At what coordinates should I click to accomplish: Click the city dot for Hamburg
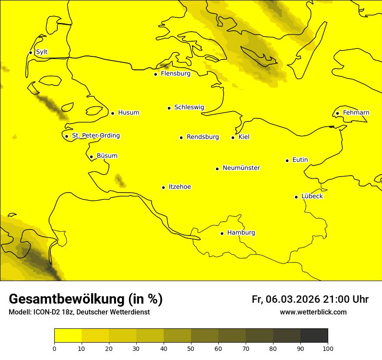click(x=222, y=233)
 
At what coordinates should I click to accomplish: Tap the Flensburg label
click(x=175, y=74)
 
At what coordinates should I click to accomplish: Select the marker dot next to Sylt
click(x=30, y=52)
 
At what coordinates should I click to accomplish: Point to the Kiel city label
click(x=244, y=137)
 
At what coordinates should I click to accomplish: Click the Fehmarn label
click(x=356, y=113)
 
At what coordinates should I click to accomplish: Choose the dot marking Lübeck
click(x=296, y=197)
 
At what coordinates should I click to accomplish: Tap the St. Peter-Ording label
click(x=95, y=136)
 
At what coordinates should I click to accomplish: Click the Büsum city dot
click(x=91, y=157)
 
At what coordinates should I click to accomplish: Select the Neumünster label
click(x=241, y=168)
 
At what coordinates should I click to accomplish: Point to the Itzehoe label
click(x=180, y=187)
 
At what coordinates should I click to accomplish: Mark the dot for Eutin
click(x=287, y=160)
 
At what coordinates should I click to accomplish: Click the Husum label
click(x=128, y=113)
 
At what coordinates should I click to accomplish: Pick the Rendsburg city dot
click(x=181, y=137)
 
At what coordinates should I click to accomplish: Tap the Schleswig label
click(x=189, y=107)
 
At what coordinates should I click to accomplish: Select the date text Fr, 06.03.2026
click(x=285, y=299)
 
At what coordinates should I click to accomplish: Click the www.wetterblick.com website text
click(x=313, y=312)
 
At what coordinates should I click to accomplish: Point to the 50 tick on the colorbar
click(x=191, y=348)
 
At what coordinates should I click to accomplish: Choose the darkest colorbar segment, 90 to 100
click(x=314, y=335)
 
